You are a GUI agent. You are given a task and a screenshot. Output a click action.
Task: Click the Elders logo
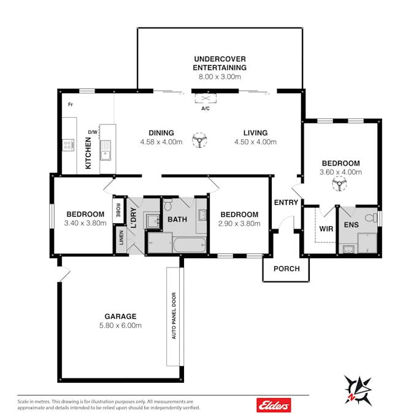point(274,405)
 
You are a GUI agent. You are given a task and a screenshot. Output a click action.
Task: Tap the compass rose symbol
point(358,390)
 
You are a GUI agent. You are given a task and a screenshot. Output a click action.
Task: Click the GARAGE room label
point(120,316)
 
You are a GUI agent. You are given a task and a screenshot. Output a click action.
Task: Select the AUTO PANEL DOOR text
point(174,316)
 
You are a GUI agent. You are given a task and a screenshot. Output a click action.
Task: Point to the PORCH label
point(287,269)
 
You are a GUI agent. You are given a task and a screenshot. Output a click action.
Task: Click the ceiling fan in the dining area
point(199,140)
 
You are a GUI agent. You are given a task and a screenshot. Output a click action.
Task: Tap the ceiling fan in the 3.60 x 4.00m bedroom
point(339,184)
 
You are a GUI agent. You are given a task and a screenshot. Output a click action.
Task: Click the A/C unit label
point(205,109)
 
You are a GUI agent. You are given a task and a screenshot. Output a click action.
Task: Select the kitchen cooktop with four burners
point(68,145)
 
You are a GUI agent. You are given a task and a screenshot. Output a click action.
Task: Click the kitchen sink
point(105,150)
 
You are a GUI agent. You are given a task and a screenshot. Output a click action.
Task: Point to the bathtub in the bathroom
point(190,245)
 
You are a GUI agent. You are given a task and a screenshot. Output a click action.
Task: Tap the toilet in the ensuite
point(372,218)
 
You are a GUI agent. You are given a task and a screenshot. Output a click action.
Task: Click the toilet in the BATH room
point(168,205)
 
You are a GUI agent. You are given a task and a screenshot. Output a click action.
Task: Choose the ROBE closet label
point(118,210)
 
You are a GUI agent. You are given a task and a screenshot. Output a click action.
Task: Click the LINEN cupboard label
point(121,237)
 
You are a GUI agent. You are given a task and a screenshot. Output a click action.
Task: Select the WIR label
point(326,229)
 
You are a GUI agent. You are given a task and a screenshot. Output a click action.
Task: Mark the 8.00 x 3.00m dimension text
point(220,77)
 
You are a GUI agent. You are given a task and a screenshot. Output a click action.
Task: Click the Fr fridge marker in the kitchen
point(71,104)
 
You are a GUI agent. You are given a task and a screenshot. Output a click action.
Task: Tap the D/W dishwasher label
point(93,132)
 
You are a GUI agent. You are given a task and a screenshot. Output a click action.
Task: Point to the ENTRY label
point(286,202)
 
